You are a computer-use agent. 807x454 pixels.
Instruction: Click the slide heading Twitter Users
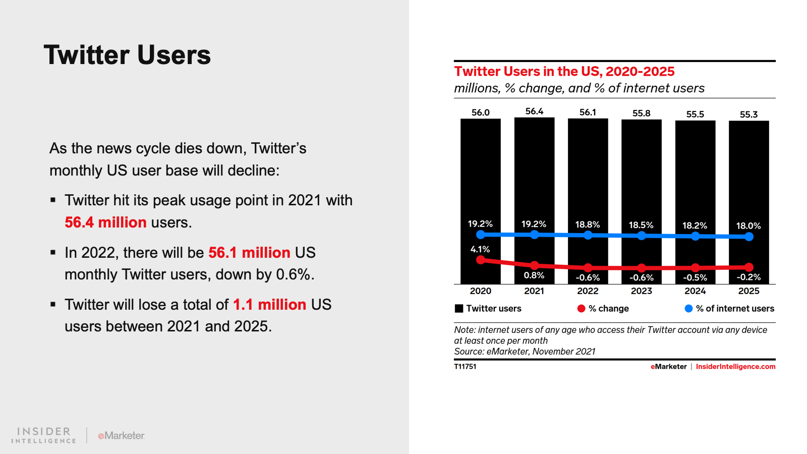tap(127, 55)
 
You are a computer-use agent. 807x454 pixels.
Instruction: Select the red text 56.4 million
tap(105, 222)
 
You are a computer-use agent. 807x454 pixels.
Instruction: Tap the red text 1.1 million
tap(269, 305)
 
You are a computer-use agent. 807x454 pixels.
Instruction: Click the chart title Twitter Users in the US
tap(564, 72)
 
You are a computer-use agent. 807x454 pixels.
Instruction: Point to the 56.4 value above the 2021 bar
tap(534, 111)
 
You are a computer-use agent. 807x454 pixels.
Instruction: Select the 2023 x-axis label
tap(641, 291)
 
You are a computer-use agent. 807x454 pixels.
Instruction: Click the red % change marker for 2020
tap(481, 260)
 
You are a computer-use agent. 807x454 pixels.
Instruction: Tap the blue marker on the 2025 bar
tap(749, 237)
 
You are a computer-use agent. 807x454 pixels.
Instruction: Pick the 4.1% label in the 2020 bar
tap(480, 249)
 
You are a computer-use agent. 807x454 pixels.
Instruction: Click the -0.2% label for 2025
tap(748, 277)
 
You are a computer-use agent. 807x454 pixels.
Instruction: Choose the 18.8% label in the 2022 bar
tap(588, 224)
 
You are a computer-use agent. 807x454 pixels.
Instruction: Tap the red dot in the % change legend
tap(581, 309)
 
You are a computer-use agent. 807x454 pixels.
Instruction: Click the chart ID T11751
tap(465, 367)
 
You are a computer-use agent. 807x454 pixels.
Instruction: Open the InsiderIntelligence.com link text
tap(735, 367)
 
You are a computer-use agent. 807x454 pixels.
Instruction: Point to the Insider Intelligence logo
tap(44, 435)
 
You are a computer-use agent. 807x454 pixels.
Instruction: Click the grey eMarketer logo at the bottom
tap(121, 435)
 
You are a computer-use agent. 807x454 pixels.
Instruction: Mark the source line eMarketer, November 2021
tap(525, 352)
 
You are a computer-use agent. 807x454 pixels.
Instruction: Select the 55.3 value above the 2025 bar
tap(748, 115)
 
